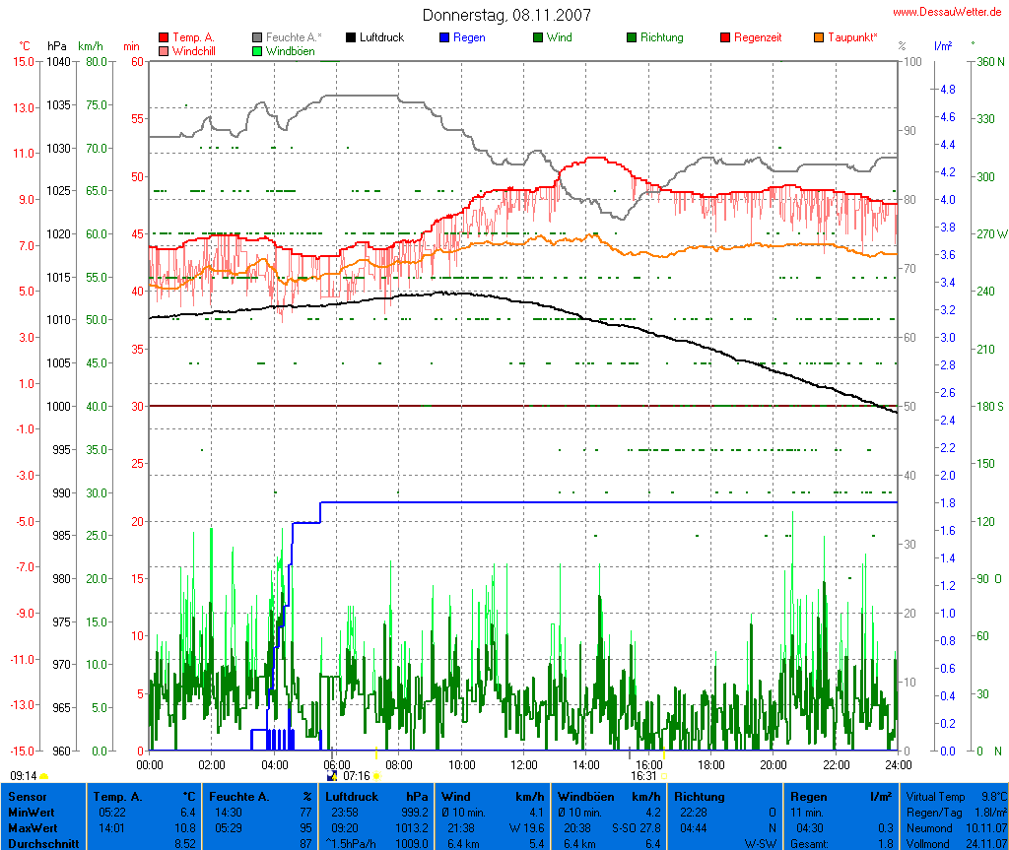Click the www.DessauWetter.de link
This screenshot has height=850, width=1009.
click(x=949, y=12)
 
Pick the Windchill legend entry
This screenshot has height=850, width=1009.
click(x=193, y=50)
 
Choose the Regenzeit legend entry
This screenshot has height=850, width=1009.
click(x=758, y=37)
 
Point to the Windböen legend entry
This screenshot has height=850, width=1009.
click(x=290, y=50)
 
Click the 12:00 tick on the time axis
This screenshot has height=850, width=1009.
click(x=523, y=763)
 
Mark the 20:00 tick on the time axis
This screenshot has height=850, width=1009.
click(x=773, y=763)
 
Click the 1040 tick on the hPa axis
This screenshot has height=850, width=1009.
click(x=58, y=62)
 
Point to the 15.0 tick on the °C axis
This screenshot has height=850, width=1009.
click(x=24, y=62)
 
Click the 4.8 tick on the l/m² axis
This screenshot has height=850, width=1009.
click(x=947, y=90)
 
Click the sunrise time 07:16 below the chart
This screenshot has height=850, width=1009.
click(x=356, y=776)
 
